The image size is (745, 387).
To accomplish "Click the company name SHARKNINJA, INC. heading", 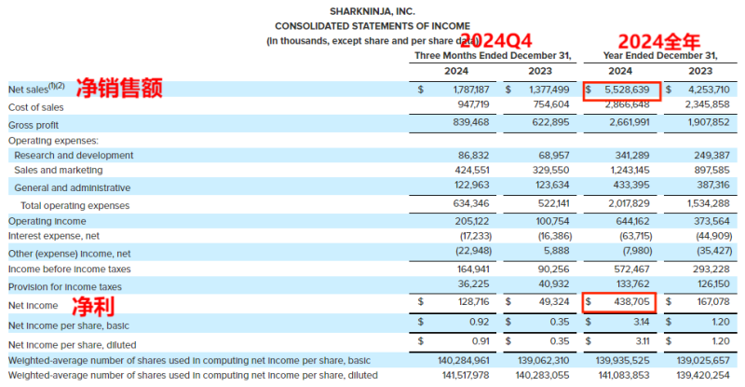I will (x=372, y=11).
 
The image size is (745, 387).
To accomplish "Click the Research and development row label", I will (x=74, y=155).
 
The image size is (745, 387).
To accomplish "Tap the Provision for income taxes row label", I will (x=65, y=286).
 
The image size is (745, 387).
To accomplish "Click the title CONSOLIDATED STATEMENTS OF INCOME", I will (x=372, y=26).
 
